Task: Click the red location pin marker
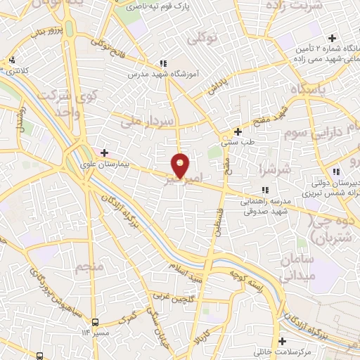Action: coord(181,165)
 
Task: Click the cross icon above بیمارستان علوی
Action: coord(104,152)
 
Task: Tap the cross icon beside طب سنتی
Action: coord(238,131)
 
